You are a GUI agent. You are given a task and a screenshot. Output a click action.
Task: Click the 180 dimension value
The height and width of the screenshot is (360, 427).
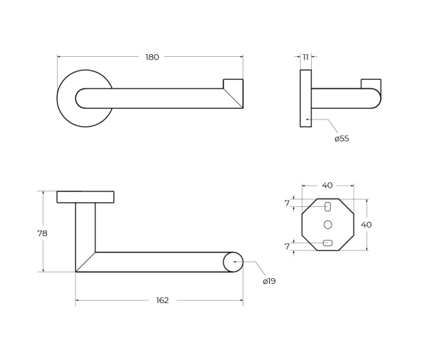[152, 57]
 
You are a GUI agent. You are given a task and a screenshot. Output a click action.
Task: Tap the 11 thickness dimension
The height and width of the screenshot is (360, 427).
[305, 57]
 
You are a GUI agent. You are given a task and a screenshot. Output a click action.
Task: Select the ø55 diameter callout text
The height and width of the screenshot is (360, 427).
[342, 139]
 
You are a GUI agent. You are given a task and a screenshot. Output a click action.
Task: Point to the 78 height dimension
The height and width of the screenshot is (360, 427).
[43, 233]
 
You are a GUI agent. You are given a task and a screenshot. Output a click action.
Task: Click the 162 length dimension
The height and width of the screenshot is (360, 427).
[162, 300]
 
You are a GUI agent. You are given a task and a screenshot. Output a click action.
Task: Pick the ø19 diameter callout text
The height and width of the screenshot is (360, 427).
[269, 281]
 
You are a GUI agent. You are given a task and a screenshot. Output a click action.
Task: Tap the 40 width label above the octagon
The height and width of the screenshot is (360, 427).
[327, 186]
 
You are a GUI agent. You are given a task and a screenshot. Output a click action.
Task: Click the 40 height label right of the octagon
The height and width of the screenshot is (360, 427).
[367, 225]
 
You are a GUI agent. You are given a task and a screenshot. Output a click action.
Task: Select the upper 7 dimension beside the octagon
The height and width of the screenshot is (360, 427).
[287, 203]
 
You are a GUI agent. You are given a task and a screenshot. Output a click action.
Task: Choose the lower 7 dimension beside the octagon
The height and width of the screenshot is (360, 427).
[287, 246]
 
